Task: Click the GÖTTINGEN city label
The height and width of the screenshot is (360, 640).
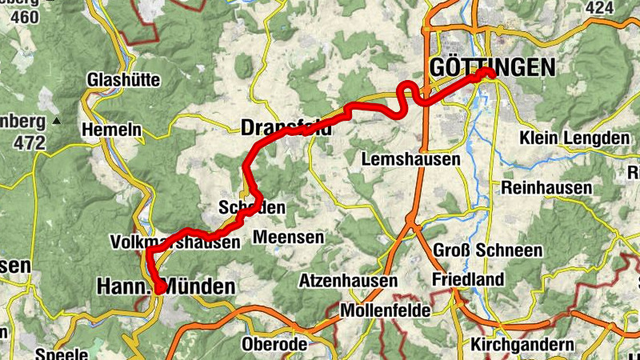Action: [491, 68]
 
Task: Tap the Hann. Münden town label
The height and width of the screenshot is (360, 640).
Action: [166, 286]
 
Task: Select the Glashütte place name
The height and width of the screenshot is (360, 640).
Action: [124, 80]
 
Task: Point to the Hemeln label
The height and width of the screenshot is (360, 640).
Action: [111, 130]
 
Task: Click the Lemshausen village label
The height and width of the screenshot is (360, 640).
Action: [411, 159]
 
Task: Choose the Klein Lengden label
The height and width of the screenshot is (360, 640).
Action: [574, 138]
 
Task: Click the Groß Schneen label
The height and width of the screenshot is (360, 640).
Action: [487, 250]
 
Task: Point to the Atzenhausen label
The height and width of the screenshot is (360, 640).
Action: [348, 281]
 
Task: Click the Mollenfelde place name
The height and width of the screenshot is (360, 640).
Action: [386, 310]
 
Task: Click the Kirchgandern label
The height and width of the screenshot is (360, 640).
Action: [534, 344]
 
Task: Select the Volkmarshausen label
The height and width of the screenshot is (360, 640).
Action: [175, 241]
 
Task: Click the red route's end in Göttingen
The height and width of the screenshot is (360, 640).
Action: [489, 74]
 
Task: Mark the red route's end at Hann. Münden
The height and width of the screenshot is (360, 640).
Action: [160, 290]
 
